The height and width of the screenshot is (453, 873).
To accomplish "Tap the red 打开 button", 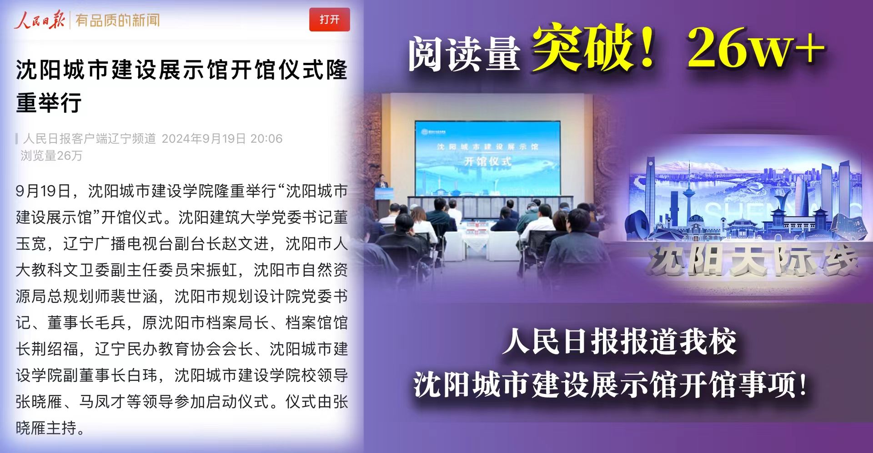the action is [329, 20].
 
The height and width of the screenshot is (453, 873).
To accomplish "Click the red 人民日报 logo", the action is [39, 20].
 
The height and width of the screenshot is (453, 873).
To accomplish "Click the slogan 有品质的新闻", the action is [117, 20].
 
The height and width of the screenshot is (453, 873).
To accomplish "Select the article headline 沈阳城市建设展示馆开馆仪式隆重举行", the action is [181, 86].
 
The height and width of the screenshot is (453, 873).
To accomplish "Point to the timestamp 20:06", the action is [266, 138].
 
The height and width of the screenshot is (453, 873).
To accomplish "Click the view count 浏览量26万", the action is [51, 156].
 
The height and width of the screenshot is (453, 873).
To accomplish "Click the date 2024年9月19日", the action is [204, 138].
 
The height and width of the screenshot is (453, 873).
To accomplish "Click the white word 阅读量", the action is [464, 54].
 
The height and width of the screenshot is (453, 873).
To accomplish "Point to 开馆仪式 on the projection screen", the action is [487, 161].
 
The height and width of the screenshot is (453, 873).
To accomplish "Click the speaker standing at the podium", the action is [382, 186].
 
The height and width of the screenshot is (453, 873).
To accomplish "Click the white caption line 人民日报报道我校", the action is [619, 342].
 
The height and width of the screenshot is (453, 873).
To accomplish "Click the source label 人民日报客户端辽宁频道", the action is [90, 138].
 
